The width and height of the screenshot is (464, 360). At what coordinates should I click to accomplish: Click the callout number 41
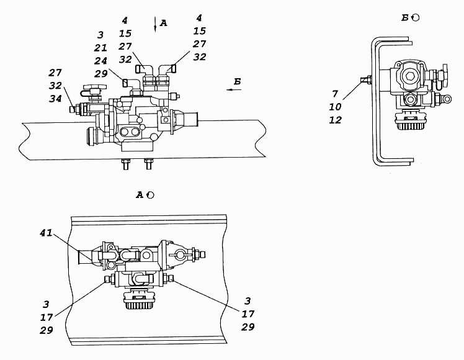(x=46, y=233)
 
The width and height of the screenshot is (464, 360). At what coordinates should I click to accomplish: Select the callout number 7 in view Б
(x=335, y=94)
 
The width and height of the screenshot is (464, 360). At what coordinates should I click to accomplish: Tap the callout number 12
(x=335, y=120)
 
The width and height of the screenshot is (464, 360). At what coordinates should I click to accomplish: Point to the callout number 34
(x=55, y=99)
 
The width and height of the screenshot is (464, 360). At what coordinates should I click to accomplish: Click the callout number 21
(x=100, y=48)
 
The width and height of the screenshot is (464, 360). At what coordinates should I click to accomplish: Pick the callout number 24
(x=100, y=61)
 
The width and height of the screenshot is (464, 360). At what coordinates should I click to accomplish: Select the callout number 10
(x=335, y=107)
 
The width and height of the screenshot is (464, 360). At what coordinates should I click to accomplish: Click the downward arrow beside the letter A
(x=154, y=24)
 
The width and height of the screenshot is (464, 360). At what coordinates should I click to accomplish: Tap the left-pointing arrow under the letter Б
(x=234, y=89)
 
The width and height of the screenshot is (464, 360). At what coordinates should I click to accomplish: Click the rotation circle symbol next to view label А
(x=151, y=195)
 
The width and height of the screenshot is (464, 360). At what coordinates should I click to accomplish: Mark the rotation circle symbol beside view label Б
(x=416, y=18)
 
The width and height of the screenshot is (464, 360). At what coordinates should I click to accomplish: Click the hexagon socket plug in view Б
(x=409, y=76)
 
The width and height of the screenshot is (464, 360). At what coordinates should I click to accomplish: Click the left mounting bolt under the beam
(x=125, y=164)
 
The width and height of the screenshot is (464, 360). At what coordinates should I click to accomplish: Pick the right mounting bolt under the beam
(x=148, y=164)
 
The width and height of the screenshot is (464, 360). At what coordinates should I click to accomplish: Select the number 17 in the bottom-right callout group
(x=248, y=313)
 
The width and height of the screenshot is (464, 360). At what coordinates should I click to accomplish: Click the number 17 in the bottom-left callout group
(x=47, y=317)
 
